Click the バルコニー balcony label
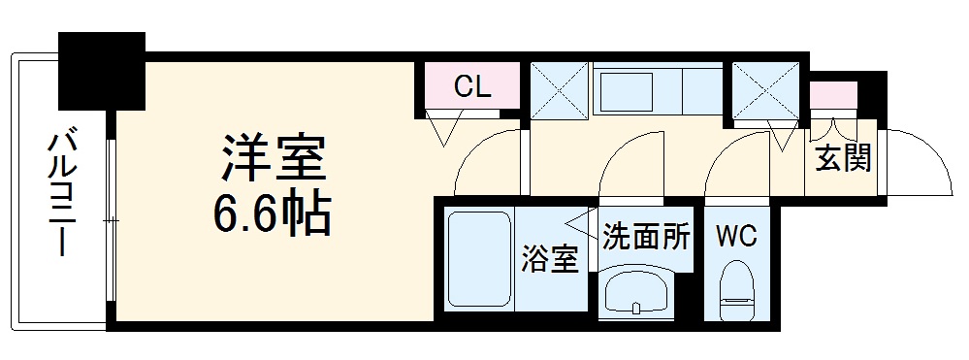coord(61,194)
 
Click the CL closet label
coord(472,88)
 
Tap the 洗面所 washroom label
coord(646,236)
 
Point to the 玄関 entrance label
coord(842,155)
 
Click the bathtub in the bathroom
coord(479,260)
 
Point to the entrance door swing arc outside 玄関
coord(921,159)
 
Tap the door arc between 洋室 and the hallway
coord(486,161)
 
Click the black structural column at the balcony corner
coord(101,70)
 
